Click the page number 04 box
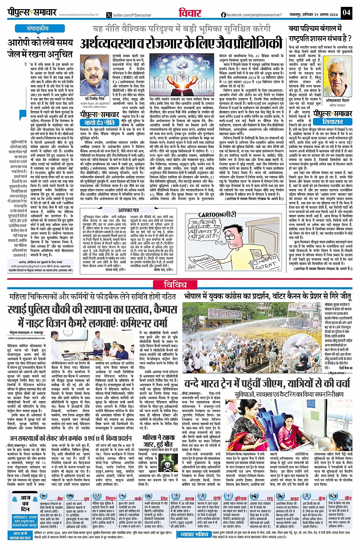(346, 12)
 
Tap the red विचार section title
(190, 13)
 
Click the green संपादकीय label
(37, 29)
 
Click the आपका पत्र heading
(128, 210)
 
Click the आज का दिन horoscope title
(25, 503)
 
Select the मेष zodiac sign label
(60, 498)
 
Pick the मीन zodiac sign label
(348, 498)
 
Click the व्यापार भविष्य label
(194, 534)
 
